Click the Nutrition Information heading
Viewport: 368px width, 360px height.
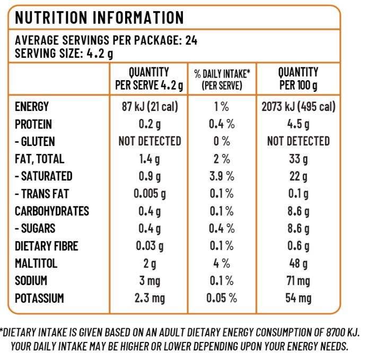(x=99, y=17)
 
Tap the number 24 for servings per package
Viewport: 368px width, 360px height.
(x=191, y=40)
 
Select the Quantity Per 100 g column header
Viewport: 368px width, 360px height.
(x=299, y=78)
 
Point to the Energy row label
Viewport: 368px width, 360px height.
(x=32, y=107)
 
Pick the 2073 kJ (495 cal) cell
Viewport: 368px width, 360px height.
(x=299, y=107)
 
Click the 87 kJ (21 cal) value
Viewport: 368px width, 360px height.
(x=150, y=107)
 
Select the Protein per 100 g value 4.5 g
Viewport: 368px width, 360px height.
(x=299, y=124)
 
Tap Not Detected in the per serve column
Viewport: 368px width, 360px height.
(x=150, y=141)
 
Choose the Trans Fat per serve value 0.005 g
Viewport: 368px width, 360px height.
(x=150, y=194)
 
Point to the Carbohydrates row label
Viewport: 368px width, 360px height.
(x=52, y=211)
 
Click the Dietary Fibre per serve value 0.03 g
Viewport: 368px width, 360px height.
(x=150, y=246)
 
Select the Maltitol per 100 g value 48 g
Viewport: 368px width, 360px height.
(x=299, y=263)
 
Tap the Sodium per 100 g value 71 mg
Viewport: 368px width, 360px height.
(x=299, y=281)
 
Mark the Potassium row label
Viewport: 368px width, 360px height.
(x=39, y=298)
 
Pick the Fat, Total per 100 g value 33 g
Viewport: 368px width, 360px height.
(x=299, y=159)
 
